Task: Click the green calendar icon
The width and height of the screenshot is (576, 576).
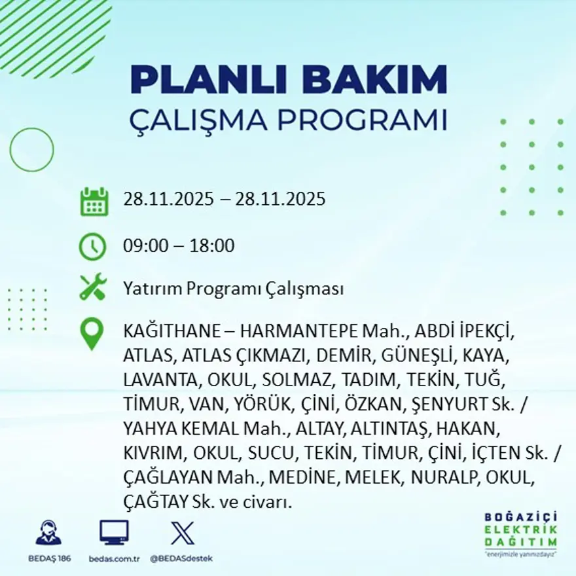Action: tap(94, 202)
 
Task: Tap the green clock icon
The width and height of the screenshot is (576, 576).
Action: tap(92, 247)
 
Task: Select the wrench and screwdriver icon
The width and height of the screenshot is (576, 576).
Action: tap(92, 287)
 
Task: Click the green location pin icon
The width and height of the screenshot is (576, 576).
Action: tap(92, 333)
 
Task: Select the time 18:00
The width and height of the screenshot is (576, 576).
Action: tap(212, 247)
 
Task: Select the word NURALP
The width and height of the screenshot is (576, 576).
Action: tap(445, 478)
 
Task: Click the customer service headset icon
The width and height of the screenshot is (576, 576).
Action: tap(48, 533)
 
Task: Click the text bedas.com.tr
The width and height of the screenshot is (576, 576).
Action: tap(114, 558)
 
